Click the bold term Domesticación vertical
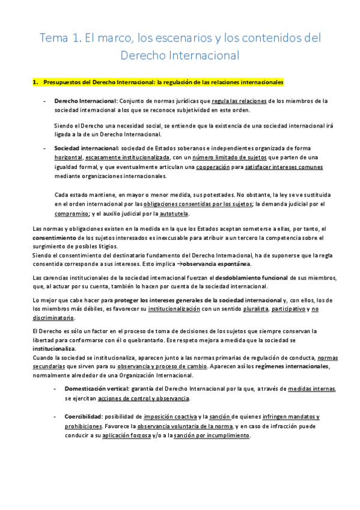point(99,389)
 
